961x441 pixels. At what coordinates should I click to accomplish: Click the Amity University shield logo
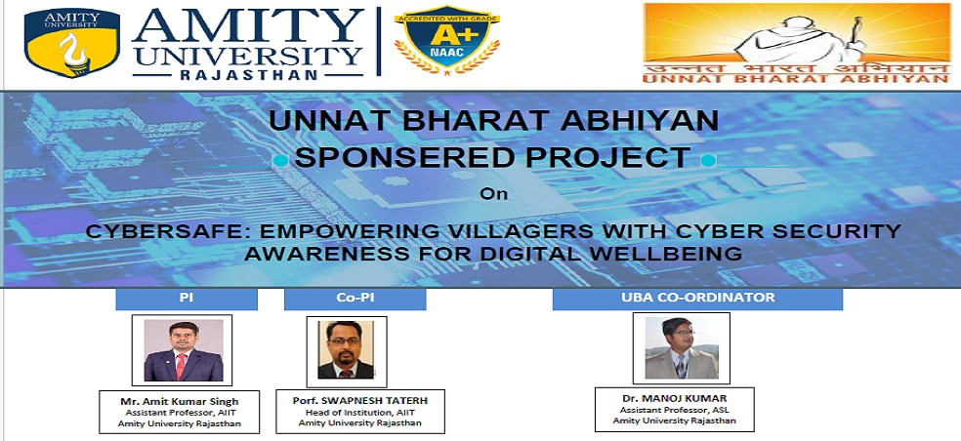tap(71, 43)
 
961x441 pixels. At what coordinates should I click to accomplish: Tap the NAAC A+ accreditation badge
tap(447, 40)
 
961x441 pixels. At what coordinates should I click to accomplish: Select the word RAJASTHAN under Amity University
tap(248, 75)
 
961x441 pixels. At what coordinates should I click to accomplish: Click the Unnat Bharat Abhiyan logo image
tap(797, 43)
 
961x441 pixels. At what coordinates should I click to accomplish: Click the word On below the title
tap(494, 194)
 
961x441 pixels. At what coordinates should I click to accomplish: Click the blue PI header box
tap(187, 299)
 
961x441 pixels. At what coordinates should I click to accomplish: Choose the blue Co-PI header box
tap(355, 299)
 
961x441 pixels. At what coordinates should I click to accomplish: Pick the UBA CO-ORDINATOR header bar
tap(697, 299)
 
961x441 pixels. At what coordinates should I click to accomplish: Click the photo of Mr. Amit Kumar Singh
tap(184, 350)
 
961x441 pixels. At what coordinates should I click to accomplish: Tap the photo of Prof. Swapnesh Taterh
tap(346, 349)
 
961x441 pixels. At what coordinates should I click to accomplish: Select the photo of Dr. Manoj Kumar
tap(681, 348)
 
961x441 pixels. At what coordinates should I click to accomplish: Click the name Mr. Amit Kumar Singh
tap(180, 402)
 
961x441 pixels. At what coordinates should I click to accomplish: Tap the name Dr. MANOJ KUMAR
tap(674, 398)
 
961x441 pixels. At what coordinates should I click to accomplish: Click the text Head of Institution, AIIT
tap(360, 412)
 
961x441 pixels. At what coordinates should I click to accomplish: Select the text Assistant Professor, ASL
tap(674, 410)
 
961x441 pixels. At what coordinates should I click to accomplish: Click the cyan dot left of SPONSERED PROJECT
tap(280, 160)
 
